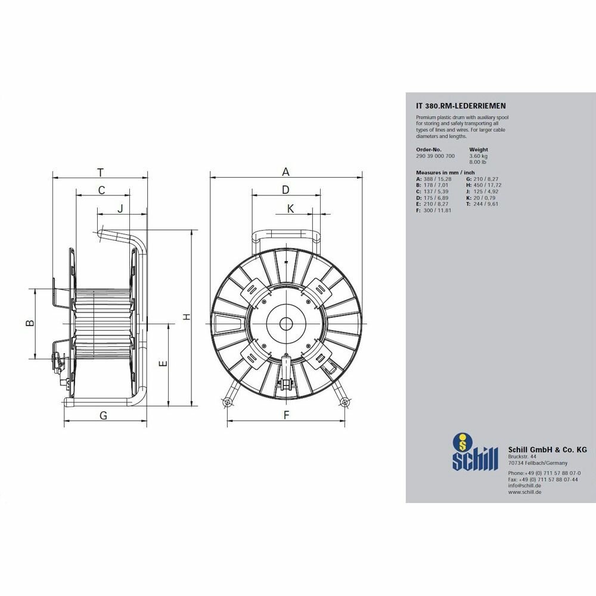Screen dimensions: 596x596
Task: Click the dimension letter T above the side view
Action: (100, 173)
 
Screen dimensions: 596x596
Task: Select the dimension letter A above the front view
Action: (286, 172)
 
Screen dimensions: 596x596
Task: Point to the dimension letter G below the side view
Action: (103, 415)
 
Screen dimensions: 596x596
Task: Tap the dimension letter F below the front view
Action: (286, 415)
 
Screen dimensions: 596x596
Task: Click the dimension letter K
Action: (290, 209)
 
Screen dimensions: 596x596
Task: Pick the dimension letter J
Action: (120, 209)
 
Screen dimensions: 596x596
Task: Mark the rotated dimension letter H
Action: (186, 316)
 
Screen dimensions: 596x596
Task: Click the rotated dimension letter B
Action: (30, 323)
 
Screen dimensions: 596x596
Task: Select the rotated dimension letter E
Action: (163, 364)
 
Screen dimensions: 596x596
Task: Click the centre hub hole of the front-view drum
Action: (286, 324)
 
